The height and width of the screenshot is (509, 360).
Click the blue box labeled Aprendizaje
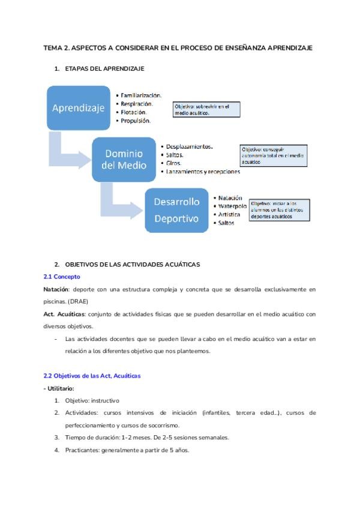point(79,109)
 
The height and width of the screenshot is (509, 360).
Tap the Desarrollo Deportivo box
point(176,210)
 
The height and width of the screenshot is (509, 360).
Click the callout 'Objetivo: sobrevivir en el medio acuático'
point(205,109)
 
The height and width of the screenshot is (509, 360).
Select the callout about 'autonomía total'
point(274,154)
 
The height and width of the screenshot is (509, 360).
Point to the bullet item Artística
point(230,214)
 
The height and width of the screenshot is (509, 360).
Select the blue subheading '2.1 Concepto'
point(61,277)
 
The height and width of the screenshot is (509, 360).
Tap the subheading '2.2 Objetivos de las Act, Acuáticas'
point(92,376)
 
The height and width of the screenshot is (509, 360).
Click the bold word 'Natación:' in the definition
point(56,289)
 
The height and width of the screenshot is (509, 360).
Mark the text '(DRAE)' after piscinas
point(79,302)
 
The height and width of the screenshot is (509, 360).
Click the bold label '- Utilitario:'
point(59,388)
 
